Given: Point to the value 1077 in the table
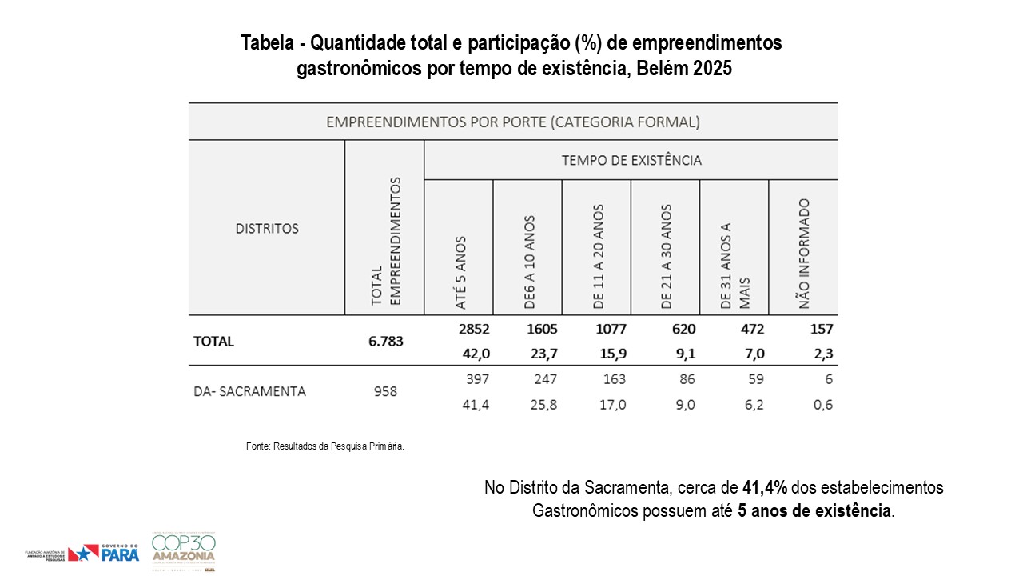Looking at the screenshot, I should click(x=611, y=329).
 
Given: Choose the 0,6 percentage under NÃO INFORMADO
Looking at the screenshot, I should click(x=822, y=405).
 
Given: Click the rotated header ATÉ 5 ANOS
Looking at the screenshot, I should click(x=460, y=273).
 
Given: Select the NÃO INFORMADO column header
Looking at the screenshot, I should click(x=803, y=254).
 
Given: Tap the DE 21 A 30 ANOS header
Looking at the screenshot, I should click(x=667, y=257).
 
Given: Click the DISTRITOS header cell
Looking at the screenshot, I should click(x=267, y=229).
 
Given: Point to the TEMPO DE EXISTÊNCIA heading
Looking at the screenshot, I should click(x=631, y=161).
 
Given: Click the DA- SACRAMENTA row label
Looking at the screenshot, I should click(x=249, y=392).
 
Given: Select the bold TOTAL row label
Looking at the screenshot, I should click(x=213, y=342).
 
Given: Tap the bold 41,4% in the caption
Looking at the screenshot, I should click(x=765, y=487).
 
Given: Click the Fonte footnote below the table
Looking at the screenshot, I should click(x=325, y=446).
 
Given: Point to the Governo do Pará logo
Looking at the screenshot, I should click(x=104, y=553).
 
